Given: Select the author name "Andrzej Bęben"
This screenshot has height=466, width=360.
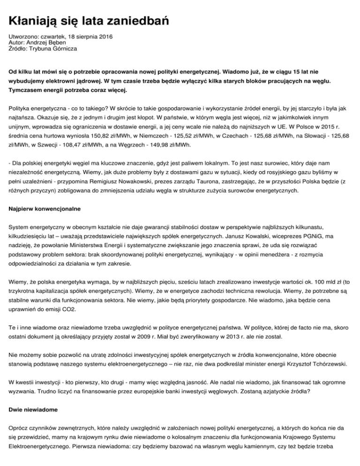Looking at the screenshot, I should [x=46, y=42].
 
